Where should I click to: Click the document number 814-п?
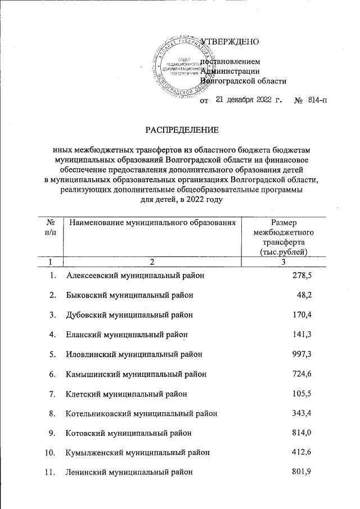click(317, 101)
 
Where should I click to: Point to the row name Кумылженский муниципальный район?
click(138, 453)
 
